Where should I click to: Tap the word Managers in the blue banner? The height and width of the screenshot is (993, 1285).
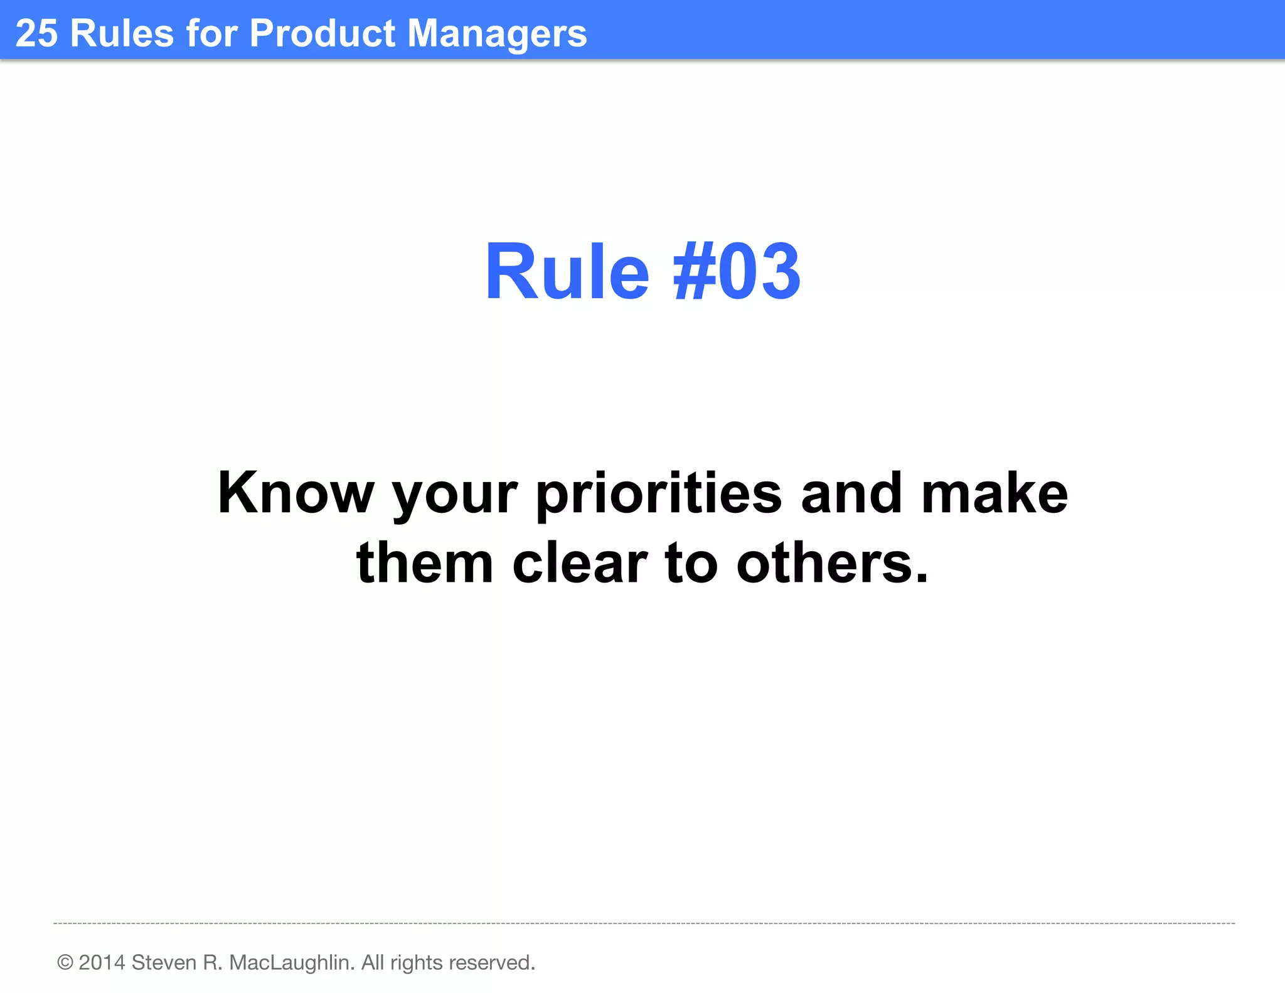click(x=497, y=34)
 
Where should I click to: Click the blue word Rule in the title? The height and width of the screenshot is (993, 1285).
click(x=567, y=272)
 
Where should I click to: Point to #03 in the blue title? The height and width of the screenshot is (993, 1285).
click(x=737, y=272)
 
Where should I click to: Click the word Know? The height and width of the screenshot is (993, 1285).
click(x=295, y=493)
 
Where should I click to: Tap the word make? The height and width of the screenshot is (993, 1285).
click(x=994, y=493)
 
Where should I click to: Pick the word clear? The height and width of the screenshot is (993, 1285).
click(x=580, y=563)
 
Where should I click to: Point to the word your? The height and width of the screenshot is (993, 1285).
click(x=454, y=496)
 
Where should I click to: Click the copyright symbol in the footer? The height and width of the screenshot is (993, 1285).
click(x=65, y=962)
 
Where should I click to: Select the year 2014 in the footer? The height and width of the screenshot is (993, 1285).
click(x=102, y=962)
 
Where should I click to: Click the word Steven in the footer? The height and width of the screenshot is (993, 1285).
click(x=164, y=962)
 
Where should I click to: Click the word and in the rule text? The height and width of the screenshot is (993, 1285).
click(x=851, y=493)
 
